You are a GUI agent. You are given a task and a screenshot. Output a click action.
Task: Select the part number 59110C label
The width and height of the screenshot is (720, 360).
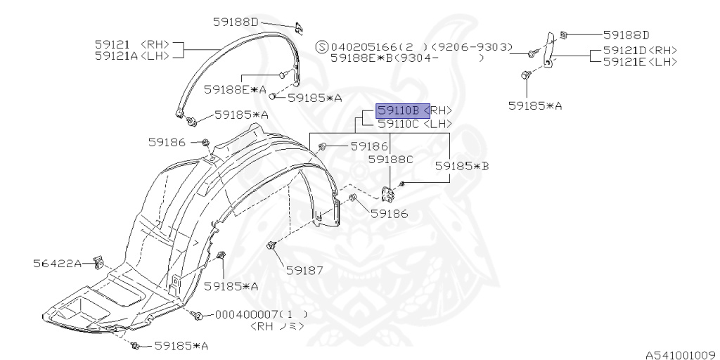pyautogui.click(x=399, y=124)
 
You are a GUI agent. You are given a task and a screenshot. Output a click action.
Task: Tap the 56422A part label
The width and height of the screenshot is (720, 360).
pyautogui.click(x=58, y=264)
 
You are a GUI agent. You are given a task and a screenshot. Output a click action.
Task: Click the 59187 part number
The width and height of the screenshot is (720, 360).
pyautogui.click(x=303, y=269)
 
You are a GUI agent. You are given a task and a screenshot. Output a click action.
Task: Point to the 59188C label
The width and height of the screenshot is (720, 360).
pyautogui.click(x=391, y=160)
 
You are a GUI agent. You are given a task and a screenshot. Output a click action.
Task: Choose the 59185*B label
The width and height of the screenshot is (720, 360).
pyautogui.click(x=461, y=167)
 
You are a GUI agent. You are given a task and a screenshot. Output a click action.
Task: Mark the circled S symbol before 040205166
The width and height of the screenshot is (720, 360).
pyautogui.click(x=322, y=47)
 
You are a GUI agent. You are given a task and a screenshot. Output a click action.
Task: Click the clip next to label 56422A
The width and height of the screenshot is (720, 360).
pyautogui.click(x=100, y=263)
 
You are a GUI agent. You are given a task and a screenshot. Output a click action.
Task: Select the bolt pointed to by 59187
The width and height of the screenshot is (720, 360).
pyautogui.click(x=271, y=245)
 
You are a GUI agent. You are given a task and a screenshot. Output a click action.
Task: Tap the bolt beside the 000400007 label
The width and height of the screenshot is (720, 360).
pyautogui.click(x=198, y=316)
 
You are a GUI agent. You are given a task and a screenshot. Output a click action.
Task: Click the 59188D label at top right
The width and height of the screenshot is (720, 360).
pyautogui.click(x=625, y=34)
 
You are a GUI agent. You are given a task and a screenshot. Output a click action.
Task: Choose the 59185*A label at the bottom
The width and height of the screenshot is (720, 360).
pyautogui.click(x=181, y=346)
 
